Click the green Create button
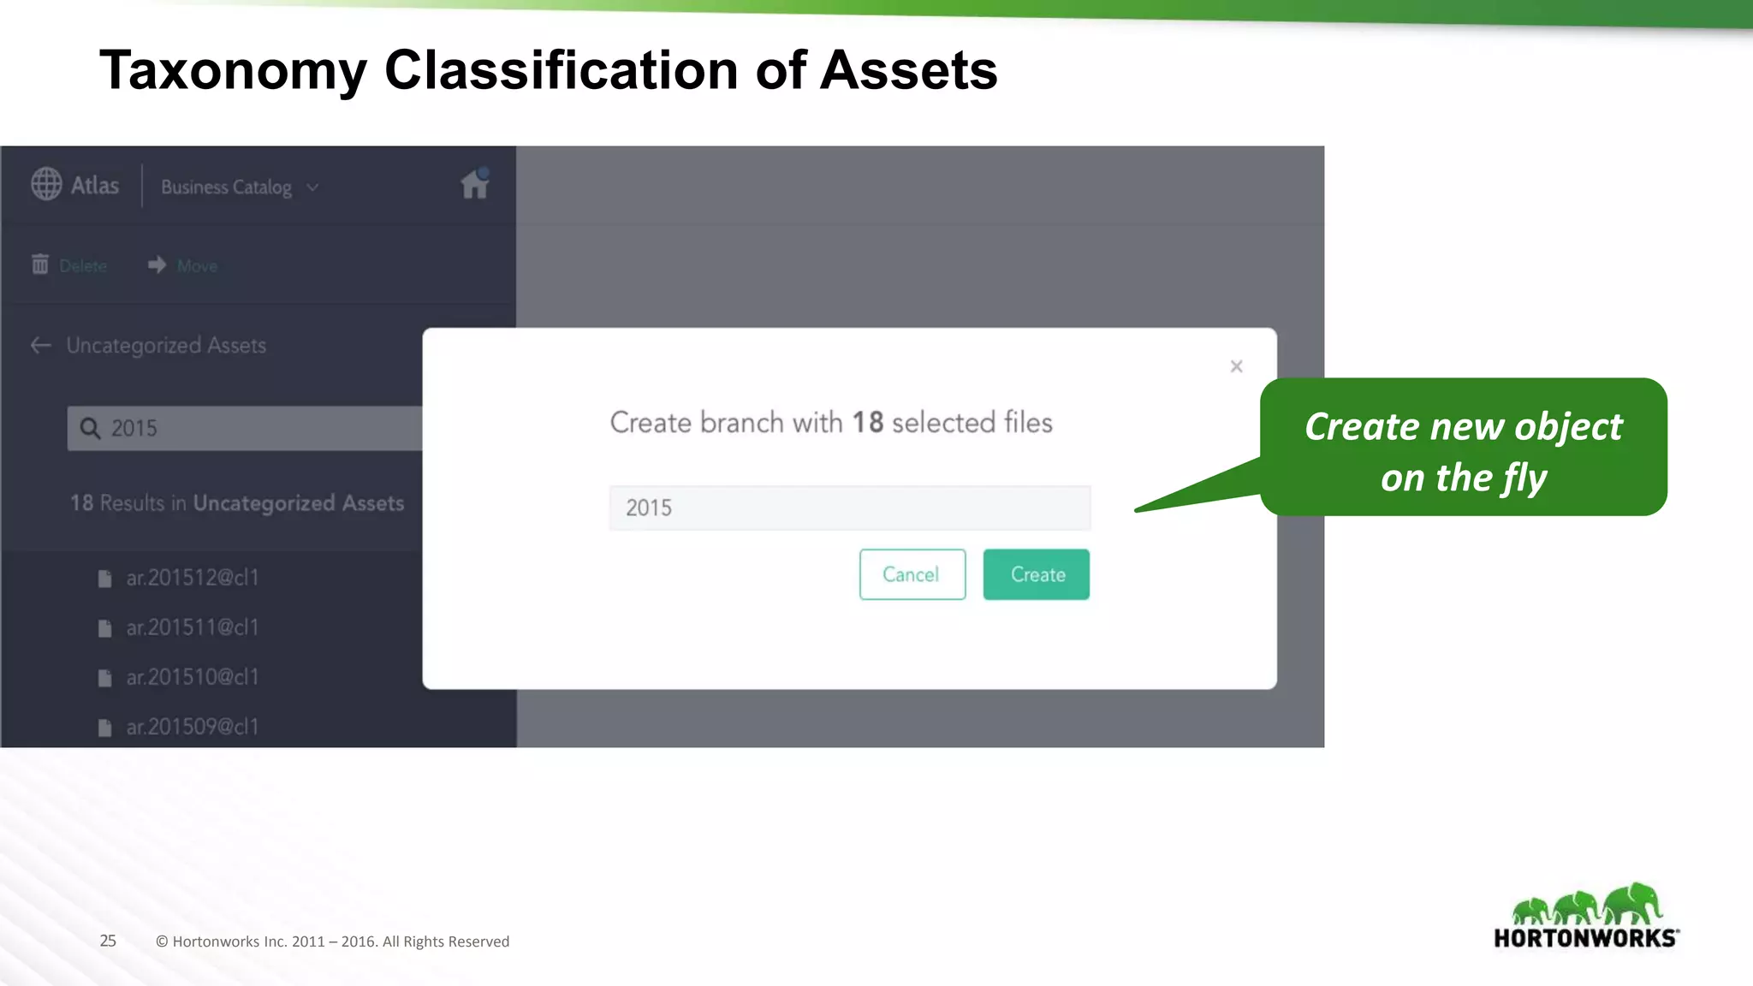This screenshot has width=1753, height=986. [1036, 574]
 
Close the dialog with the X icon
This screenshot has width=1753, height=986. [1236, 366]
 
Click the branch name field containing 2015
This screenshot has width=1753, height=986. [849, 508]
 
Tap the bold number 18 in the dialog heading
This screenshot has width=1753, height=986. [867, 423]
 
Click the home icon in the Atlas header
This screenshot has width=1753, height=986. [474, 184]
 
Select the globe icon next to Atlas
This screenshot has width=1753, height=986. [46, 184]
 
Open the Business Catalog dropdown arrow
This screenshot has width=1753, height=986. [313, 187]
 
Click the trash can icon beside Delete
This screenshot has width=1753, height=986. [40, 264]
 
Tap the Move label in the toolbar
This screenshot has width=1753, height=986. [197, 266]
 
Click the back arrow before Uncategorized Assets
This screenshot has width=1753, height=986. [40, 345]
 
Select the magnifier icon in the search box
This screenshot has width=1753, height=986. [90, 428]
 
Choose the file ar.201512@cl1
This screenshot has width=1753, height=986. [192, 578]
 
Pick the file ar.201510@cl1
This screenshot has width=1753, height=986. [192, 677]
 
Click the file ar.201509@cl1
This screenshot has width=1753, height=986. [192, 727]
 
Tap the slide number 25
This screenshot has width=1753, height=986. [108, 941]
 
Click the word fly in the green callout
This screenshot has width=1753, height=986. [1524, 478]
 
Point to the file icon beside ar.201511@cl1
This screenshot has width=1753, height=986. [104, 628]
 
